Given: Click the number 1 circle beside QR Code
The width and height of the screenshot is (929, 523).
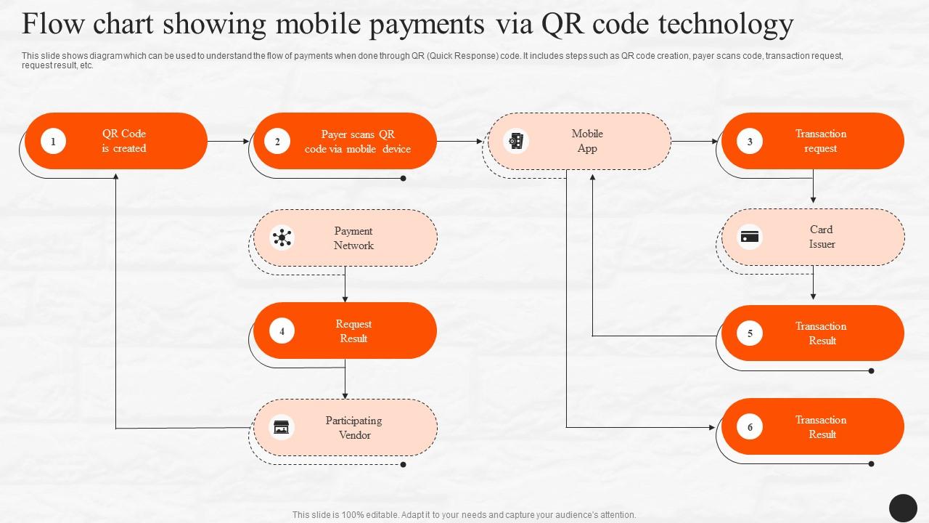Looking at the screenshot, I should pos(53,141).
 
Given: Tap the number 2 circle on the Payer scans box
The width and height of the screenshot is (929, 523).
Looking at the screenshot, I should pos(277,142).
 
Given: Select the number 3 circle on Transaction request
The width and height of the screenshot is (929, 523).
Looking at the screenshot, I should pos(750,142).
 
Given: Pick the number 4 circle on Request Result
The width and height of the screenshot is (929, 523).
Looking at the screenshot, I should pos(282,331).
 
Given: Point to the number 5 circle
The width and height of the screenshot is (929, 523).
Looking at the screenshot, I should pos(750,333).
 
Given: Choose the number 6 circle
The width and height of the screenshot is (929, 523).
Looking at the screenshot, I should pos(750,427).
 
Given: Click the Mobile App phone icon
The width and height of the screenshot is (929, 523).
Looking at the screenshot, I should pos(516,141).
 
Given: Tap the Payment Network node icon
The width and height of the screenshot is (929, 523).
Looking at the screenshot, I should pos(282,238).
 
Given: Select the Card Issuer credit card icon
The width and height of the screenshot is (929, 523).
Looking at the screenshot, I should pos(750,237).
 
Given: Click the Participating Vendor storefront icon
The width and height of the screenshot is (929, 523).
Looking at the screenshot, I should pos(282,427).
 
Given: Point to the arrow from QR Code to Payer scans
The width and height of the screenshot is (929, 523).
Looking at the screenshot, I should pos(229,142).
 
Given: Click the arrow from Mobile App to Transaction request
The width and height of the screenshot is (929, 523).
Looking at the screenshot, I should pos(695,142).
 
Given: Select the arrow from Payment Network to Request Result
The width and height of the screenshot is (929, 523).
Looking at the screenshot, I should pos(345,285).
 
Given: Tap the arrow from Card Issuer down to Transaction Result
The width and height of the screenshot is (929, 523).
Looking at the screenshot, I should pos(813,283).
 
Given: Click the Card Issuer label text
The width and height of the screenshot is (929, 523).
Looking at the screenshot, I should pos(822,237).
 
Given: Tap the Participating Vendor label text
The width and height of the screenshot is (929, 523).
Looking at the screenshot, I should pos(354,428).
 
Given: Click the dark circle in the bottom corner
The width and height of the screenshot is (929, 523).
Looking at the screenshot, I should pos(903,508).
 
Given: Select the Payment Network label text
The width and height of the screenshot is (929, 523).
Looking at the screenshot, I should pos(353,238).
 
